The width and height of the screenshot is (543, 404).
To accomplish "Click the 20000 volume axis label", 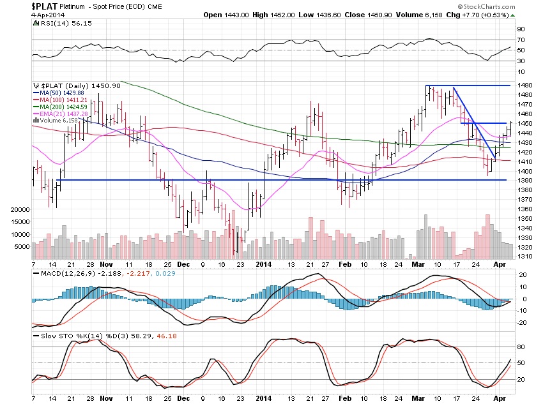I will coord(21,209).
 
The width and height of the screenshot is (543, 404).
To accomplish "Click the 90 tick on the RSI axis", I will coord(521,29).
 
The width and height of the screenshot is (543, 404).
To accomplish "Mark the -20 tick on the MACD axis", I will coord(522,322).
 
